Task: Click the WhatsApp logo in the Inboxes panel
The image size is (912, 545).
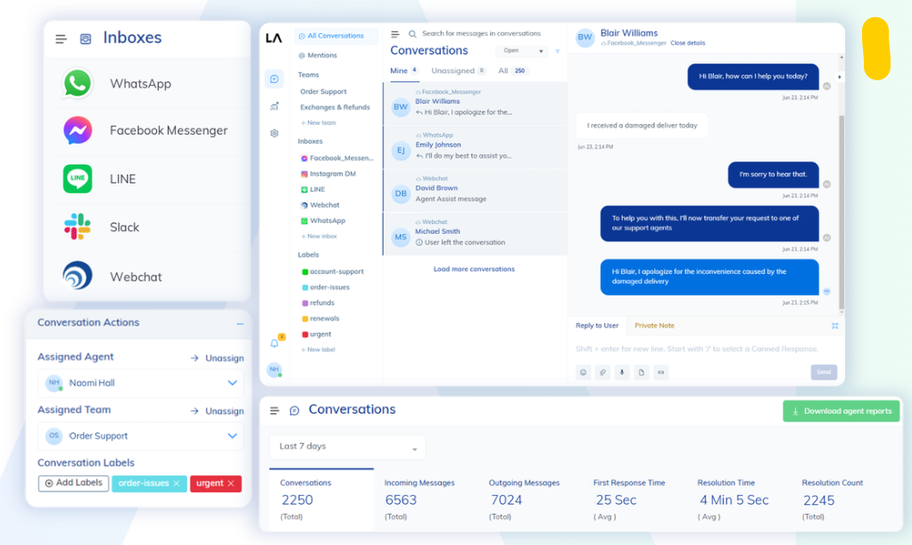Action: (x=78, y=84)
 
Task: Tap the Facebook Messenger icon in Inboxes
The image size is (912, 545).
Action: (x=78, y=131)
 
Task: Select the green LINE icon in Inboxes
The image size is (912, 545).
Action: (x=78, y=178)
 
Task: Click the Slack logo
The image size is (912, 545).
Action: (x=78, y=227)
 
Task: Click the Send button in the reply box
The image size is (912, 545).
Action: (x=824, y=372)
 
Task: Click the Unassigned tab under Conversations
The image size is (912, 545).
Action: (x=453, y=70)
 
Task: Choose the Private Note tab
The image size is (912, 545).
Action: (x=654, y=326)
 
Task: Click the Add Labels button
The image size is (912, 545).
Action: (x=73, y=483)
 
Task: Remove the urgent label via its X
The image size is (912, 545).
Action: (x=231, y=483)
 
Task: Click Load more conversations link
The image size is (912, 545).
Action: (x=474, y=268)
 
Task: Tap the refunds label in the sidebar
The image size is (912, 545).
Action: (x=322, y=303)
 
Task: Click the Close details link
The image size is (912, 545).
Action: (x=687, y=43)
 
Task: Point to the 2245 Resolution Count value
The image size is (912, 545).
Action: (x=818, y=500)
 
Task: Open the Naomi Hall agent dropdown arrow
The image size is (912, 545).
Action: (x=232, y=383)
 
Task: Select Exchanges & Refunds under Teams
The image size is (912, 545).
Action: (x=335, y=107)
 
